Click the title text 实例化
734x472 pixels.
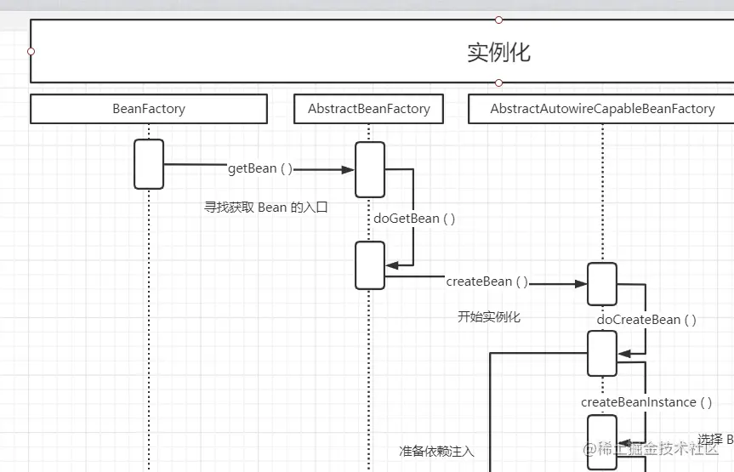coord(498,52)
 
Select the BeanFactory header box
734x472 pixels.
coord(149,109)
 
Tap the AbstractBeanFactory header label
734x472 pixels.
coord(369,109)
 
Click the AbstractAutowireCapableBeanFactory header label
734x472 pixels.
coord(602,109)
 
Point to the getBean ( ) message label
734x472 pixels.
coord(259,168)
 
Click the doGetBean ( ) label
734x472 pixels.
coord(414,218)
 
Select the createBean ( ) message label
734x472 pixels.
coord(486,281)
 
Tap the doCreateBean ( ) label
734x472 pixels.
coord(646,320)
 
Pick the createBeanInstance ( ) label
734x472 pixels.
coord(646,401)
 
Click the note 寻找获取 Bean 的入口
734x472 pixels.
coord(265,207)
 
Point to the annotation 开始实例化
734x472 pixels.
coord(488,317)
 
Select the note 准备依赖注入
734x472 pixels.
coord(436,451)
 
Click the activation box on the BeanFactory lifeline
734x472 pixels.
coord(149,164)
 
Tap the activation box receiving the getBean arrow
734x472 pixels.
coord(370,169)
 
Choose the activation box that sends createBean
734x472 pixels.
coord(370,265)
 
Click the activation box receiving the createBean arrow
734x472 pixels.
coord(602,284)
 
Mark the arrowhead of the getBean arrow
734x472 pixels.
coord(348,169)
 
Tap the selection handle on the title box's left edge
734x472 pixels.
coord(31,51)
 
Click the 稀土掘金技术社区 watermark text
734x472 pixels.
coord(655,449)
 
